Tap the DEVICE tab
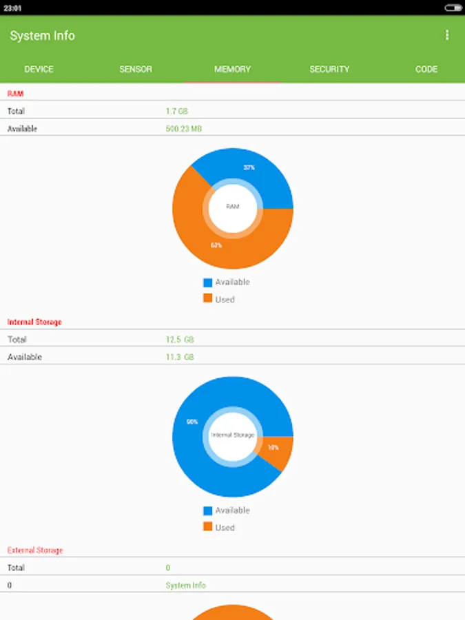pos(39,69)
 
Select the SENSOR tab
pos(136,69)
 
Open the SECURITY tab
pos(329,69)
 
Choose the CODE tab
pos(426,69)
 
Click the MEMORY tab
pos(232,69)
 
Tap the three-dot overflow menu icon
pos(447,35)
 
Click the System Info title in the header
pos(43,36)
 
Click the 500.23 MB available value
pos(184,129)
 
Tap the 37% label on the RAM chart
pos(249,167)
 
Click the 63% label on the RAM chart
pos(216,245)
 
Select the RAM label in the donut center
pos(233,206)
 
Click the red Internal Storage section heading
pos(34,322)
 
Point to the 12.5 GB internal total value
pos(180,340)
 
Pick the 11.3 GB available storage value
pos(180,357)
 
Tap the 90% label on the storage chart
pos(192,422)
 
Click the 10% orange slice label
pos(273,447)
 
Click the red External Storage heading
pos(35,550)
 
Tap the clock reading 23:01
pos(12,8)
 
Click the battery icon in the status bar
pos(453,8)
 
